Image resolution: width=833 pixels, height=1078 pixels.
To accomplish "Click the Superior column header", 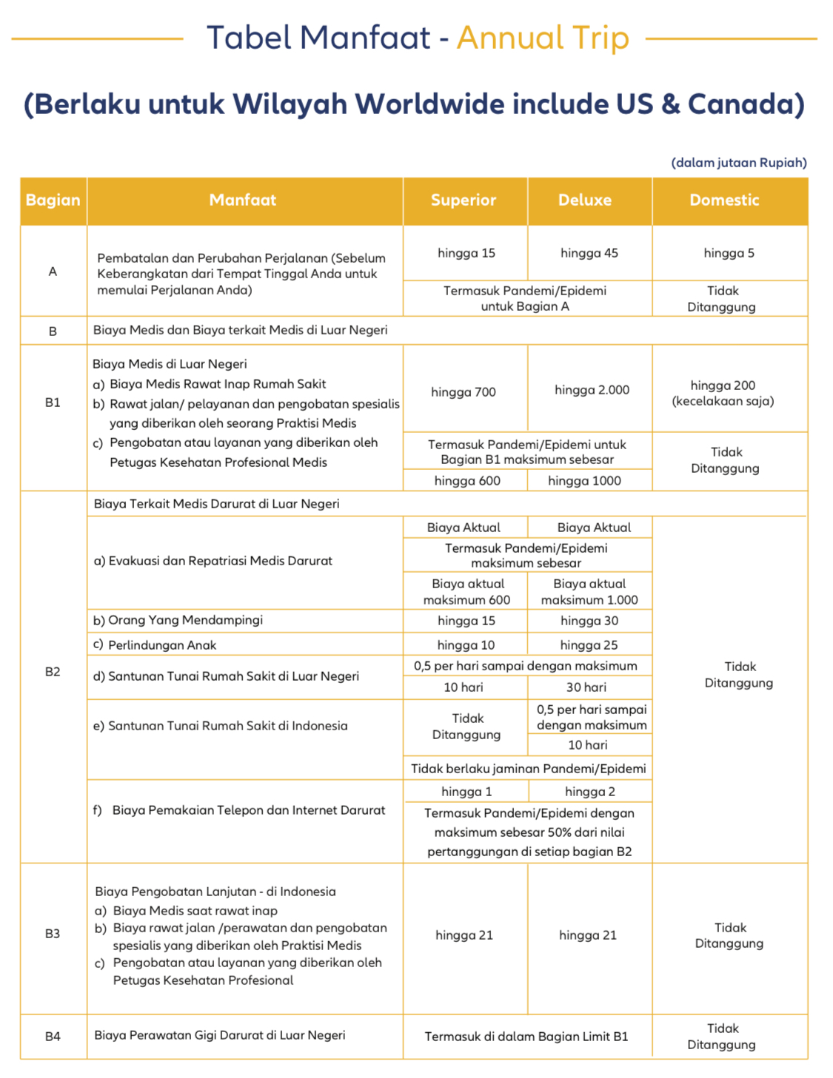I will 464,201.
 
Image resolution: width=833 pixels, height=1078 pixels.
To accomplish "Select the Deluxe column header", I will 584,201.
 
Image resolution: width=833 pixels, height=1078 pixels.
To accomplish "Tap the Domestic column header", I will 724,201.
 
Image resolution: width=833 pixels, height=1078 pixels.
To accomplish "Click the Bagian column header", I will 53,201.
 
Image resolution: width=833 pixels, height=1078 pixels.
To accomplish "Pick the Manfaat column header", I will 243,201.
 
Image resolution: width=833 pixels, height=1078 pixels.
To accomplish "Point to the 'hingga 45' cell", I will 589,253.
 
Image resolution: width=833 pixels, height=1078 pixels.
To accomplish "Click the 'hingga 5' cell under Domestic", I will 729,253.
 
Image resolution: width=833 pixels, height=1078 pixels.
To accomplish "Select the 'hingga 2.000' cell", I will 592,390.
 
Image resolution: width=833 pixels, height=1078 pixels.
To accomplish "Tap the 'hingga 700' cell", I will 464,392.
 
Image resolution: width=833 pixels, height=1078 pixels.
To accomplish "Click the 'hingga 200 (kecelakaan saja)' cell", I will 723,393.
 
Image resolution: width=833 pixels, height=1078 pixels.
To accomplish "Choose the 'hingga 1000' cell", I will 584,481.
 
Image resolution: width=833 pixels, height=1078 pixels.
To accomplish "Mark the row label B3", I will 53,934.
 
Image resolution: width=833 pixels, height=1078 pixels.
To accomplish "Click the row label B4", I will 53,1037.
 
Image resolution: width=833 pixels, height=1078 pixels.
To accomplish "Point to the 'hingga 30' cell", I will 589,621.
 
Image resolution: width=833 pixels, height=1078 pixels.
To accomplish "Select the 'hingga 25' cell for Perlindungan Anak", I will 589,645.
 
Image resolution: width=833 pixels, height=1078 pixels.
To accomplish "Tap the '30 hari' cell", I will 586,687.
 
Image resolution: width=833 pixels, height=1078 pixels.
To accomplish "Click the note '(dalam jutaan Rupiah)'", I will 738,163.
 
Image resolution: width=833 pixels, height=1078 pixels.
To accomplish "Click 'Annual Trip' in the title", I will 543,38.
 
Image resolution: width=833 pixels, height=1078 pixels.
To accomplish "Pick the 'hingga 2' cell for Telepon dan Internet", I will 589,792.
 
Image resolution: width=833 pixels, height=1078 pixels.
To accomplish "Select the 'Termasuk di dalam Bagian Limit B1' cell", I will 526,1037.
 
